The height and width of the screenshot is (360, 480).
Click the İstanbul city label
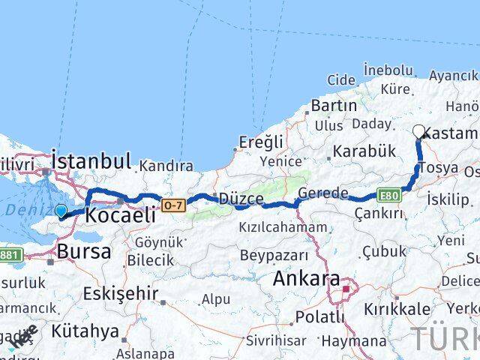pyautogui.click(x=91, y=161)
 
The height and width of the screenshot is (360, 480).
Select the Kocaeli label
pyautogui.click(x=120, y=214)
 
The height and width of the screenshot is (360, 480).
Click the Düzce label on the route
pyautogui.click(x=241, y=199)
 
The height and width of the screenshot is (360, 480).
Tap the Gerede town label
pyautogui.click(x=322, y=193)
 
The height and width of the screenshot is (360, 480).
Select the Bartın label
pyautogui.click(x=333, y=105)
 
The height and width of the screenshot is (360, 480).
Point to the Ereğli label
pyautogui.click(x=261, y=142)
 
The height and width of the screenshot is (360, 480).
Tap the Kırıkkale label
pyautogui.click(x=397, y=309)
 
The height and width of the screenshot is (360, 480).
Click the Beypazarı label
pyautogui.click(x=271, y=255)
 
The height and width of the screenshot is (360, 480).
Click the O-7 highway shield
pyautogui.click(x=172, y=204)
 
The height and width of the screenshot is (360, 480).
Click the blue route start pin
pyautogui.click(x=61, y=211)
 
